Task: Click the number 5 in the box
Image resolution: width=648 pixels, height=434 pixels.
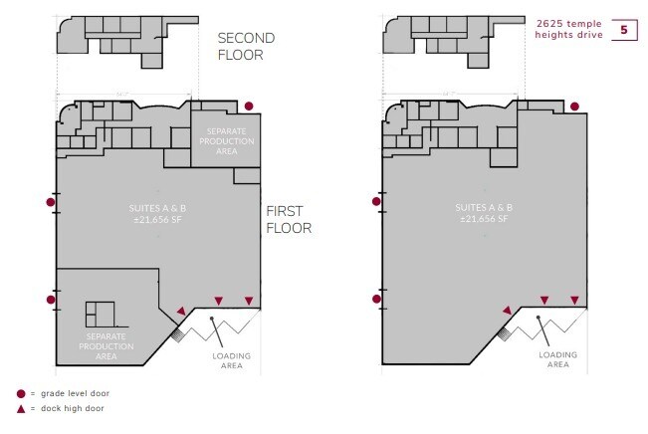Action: (624, 30)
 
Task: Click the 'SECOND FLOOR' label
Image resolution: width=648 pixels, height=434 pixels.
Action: (246, 46)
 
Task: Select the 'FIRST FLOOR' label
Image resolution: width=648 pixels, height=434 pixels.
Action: (289, 219)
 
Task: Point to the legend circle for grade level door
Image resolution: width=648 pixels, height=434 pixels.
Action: (21, 393)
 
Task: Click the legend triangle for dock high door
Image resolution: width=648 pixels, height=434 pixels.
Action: (21, 408)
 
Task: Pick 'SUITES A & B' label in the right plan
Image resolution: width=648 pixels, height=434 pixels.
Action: (484, 213)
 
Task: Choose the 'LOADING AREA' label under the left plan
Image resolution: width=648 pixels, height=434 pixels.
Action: (232, 360)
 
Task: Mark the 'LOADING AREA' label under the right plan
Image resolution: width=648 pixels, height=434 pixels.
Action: (557, 360)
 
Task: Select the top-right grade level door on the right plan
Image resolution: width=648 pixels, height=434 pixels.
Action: (574, 106)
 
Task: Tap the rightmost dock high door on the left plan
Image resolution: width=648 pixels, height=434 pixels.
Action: (249, 302)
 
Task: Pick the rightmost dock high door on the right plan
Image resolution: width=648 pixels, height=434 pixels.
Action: (573, 301)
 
